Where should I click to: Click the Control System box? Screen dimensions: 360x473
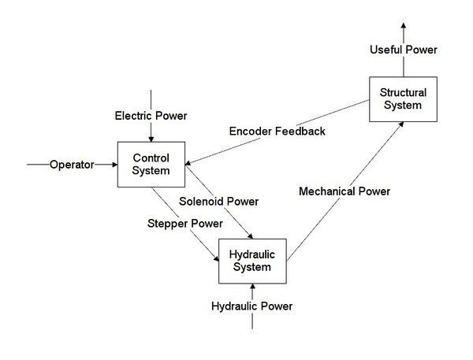coord(151,165)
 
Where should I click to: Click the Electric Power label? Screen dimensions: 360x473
coord(151,116)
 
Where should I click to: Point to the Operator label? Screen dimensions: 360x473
coord(72,165)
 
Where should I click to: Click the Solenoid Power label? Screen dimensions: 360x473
coord(218,202)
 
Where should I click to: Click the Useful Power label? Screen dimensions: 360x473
coord(403,50)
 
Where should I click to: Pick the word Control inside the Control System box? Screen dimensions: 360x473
coord(151,158)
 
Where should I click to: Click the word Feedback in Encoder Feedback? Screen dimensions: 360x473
coord(300,131)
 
